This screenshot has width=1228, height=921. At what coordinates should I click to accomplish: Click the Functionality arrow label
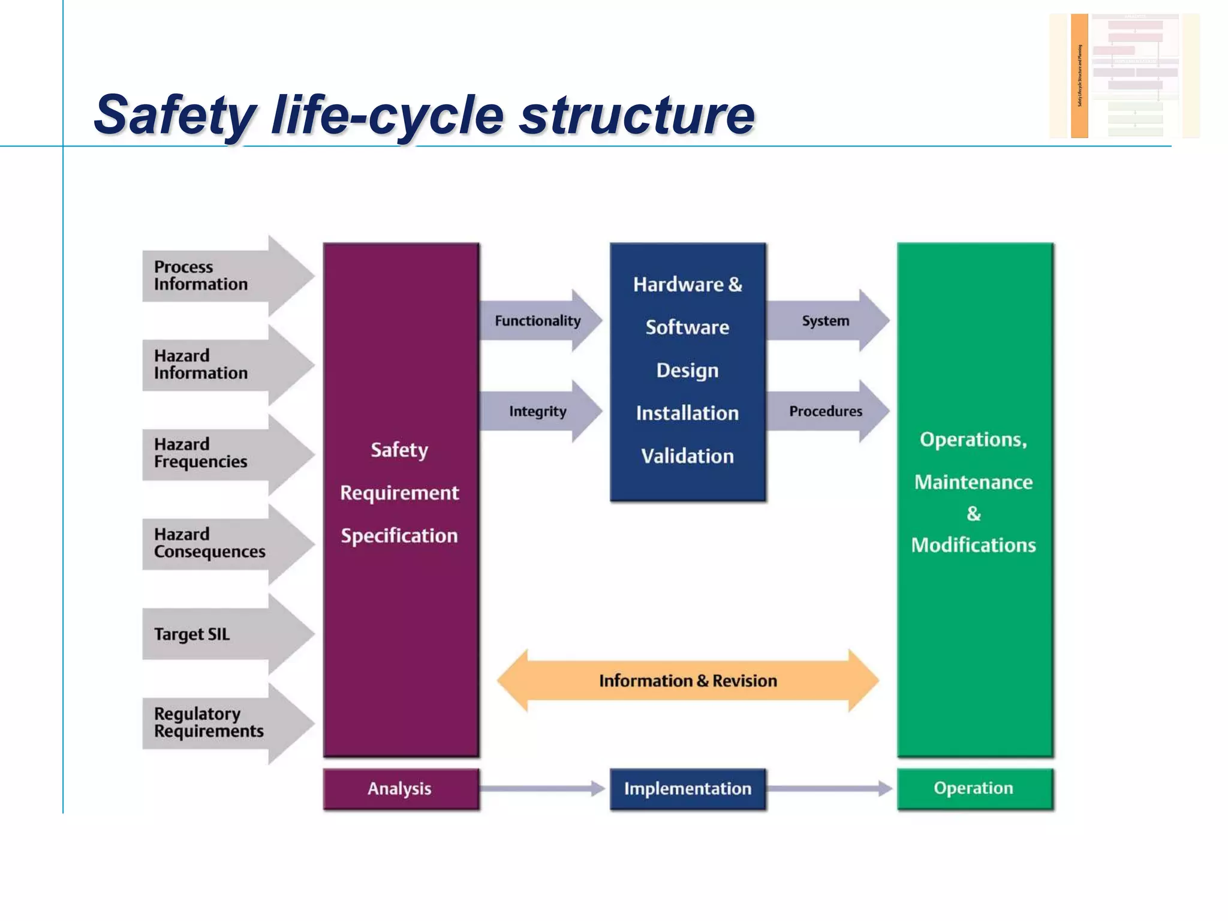click(x=537, y=321)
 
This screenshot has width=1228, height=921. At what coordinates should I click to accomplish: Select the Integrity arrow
click(x=538, y=411)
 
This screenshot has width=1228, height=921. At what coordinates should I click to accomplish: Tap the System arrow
click(x=826, y=321)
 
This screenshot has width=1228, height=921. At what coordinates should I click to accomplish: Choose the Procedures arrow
click(x=826, y=411)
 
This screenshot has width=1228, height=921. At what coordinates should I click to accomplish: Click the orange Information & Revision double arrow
click(x=688, y=681)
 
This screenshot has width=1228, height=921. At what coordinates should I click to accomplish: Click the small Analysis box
click(x=400, y=788)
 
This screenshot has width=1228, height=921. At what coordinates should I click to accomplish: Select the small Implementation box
click(x=688, y=788)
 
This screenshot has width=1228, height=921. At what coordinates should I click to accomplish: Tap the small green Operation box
click(x=974, y=788)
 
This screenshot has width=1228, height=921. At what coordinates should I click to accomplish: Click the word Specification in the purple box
click(x=399, y=535)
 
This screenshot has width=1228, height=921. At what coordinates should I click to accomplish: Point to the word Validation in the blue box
click(x=687, y=456)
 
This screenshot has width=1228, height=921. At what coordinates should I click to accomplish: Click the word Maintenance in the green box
click(x=973, y=482)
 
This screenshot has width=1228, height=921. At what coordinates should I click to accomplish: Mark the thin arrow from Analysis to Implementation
click(x=543, y=788)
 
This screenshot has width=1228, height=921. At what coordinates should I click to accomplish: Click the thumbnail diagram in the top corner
click(x=1124, y=76)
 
